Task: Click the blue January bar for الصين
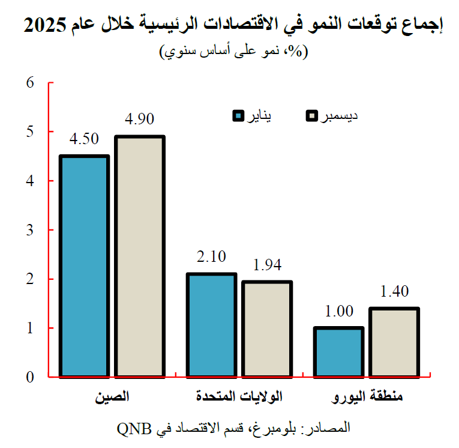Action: coord(84,267)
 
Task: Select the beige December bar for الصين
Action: coord(140,257)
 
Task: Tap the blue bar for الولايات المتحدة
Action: coord(211,325)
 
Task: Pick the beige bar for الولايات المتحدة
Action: coord(267,329)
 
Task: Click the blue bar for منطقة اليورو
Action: coord(338,353)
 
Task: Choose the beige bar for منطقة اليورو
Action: coord(394,343)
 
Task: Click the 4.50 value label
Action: coord(84,140)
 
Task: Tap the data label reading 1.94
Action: coord(267,265)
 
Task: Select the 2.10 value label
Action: coord(211,257)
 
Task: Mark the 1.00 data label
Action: coord(338,311)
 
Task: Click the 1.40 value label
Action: coord(394,292)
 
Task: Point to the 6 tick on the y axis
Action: coord(31,82)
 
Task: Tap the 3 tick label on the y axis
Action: coord(31,230)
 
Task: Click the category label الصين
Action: coord(112,397)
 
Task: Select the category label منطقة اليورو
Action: coord(367,397)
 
